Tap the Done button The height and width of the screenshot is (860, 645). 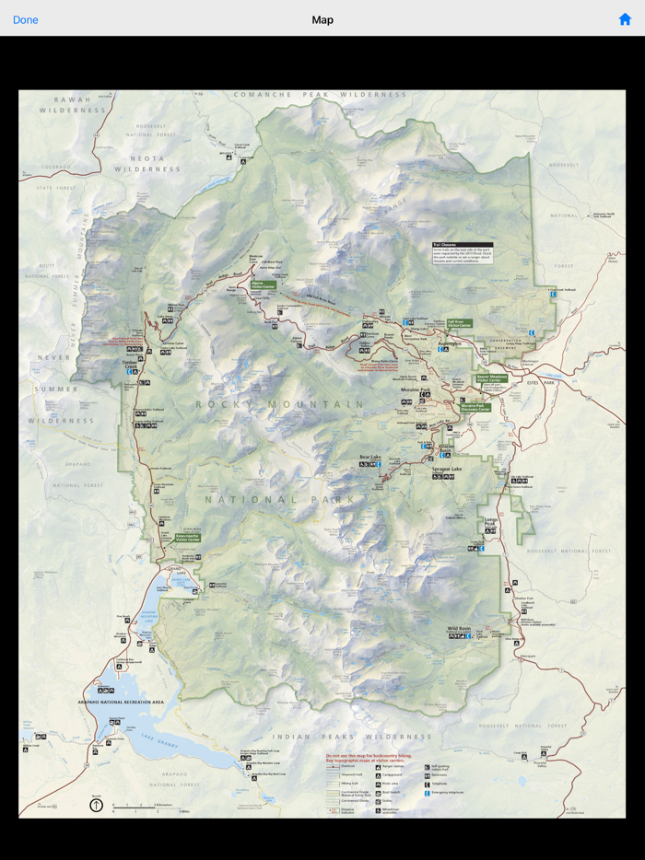26,19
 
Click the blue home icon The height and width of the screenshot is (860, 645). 625,19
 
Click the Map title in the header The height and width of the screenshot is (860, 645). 322,19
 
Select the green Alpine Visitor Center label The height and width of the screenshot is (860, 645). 264,285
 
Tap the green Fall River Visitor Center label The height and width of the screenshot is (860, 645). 459,324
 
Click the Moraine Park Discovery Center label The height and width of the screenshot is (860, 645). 475,406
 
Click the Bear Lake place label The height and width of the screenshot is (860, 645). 370,457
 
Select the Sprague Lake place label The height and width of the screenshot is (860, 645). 446,469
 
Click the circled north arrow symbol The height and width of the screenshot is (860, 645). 96,805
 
